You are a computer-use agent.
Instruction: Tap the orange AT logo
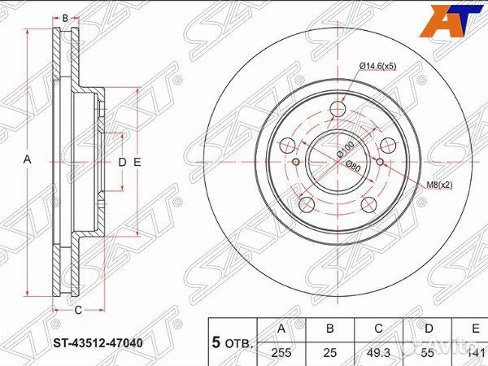coord(451,20)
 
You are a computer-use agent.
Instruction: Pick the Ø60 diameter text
coord(352,166)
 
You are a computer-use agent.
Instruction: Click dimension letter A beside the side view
coord(28,161)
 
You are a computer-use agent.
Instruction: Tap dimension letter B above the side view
coord(65,17)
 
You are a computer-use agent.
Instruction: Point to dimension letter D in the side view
coord(122,162)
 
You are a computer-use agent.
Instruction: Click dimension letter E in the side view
coord(137,162)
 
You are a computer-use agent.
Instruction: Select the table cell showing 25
coord(330,354)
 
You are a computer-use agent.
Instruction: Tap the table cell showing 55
coord(428,354)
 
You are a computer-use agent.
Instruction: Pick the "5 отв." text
coord(232,342)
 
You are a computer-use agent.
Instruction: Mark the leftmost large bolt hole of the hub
coord(287,146)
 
